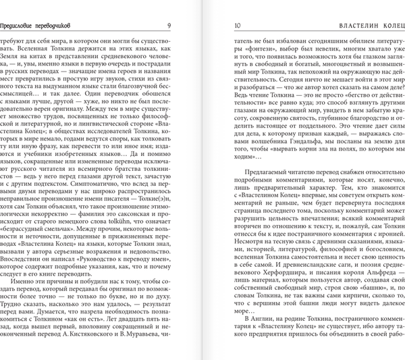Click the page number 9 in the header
[x=168, y=26]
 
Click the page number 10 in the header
[x=238, y=26]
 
